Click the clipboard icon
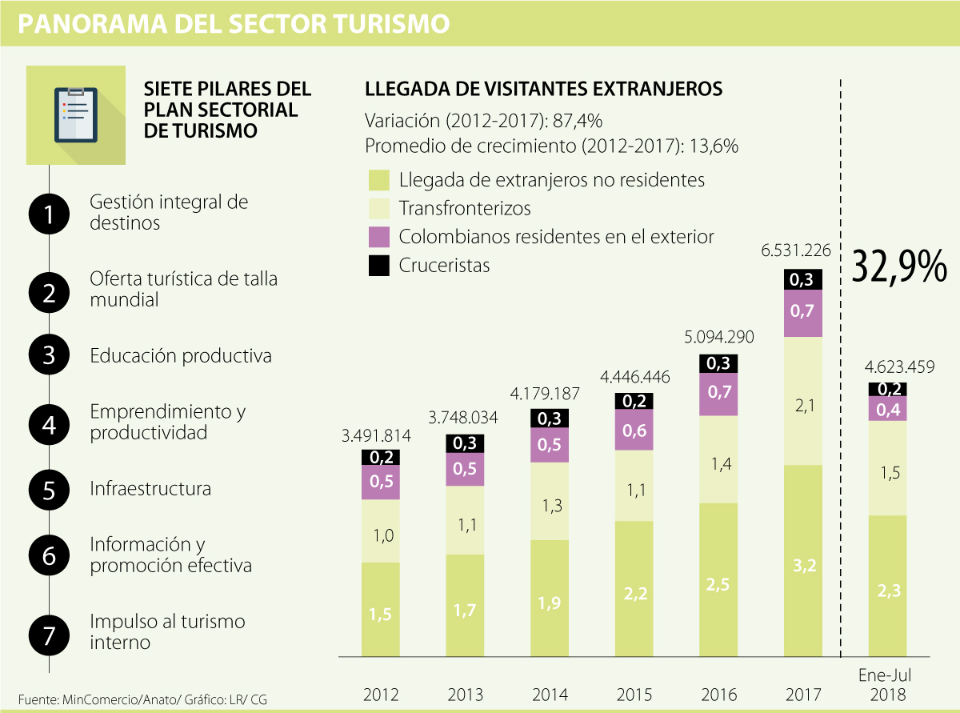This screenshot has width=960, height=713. (x=75, y=114)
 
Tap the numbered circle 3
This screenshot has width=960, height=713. (x=50, y=355)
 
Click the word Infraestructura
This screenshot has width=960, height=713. (x=150, y=488)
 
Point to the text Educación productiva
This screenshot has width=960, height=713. (x=181, y=355)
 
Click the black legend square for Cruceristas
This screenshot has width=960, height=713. (x=378, y=265)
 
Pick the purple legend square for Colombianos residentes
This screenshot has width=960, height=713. (x=378, y=237)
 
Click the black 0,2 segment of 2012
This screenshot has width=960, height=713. (x=381, y=458)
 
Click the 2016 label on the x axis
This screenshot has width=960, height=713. (x=718, y=694)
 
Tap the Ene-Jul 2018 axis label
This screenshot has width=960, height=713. (x=887, y=686)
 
